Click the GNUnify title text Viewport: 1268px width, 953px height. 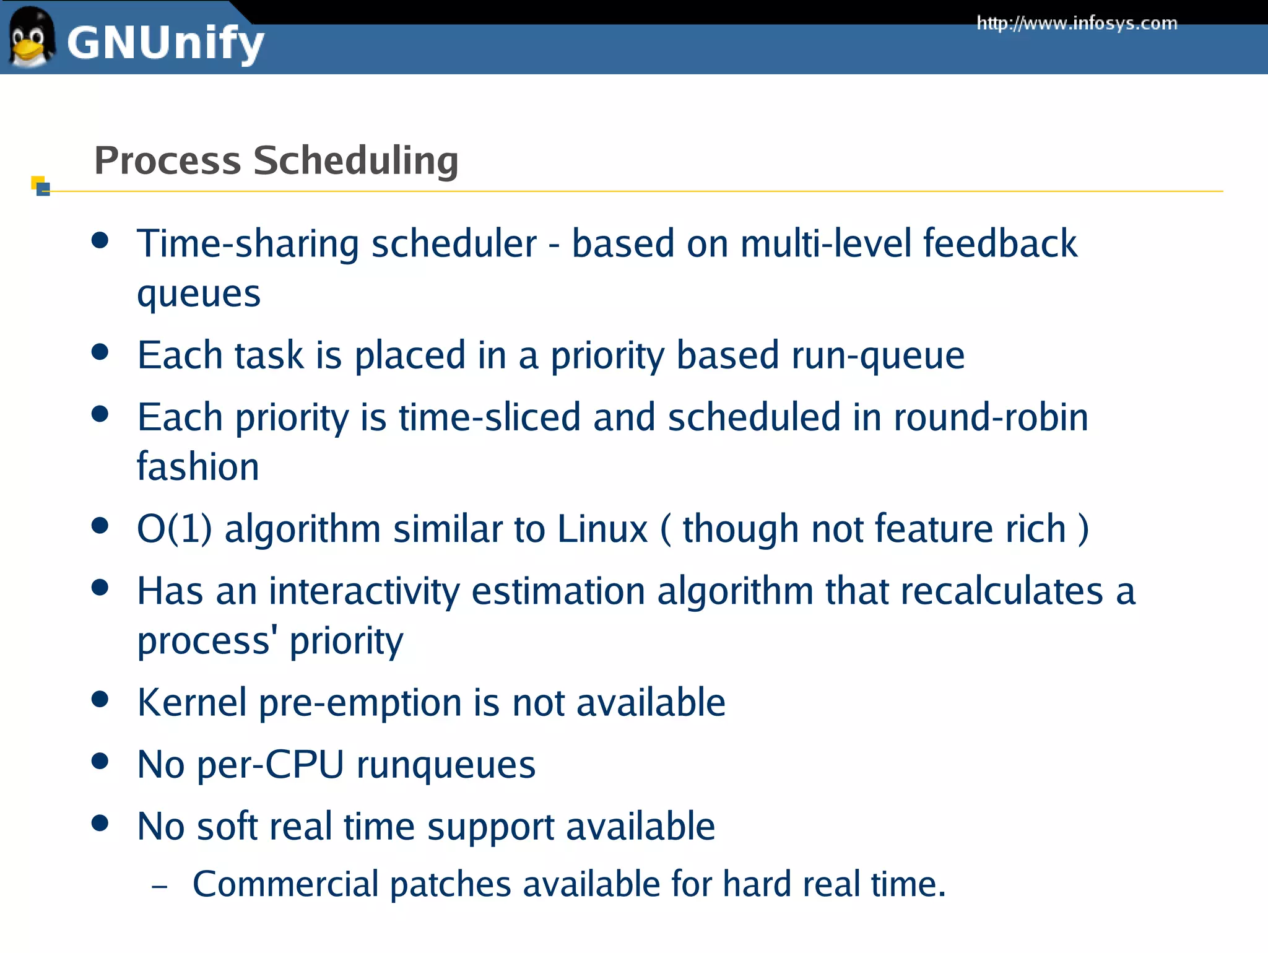click(165, 43)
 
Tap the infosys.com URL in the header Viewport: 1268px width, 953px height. click(1076, 24)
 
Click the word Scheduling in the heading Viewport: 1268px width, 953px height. click(355, 160)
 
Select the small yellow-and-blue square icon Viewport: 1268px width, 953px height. click(40, 185)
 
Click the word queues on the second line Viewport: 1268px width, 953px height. click(199, 294)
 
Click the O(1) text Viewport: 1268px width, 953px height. click(174, 529)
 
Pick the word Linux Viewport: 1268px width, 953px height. click(602, 529)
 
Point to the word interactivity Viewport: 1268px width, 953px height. click(364, 591)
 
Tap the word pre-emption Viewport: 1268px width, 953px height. click(360, 703)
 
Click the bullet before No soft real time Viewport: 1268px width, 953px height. click(100, 823)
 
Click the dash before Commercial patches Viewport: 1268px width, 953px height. click(159, 887)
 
